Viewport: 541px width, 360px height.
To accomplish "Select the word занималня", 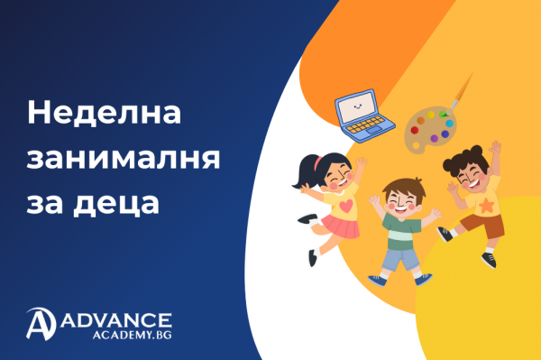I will [124, 158].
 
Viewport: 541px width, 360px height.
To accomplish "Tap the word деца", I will [117, 201].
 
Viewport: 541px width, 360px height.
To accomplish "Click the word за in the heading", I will [47, 201].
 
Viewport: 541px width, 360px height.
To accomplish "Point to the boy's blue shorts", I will [399, 260].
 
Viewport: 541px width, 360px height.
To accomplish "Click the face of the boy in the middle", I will [399, 199].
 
